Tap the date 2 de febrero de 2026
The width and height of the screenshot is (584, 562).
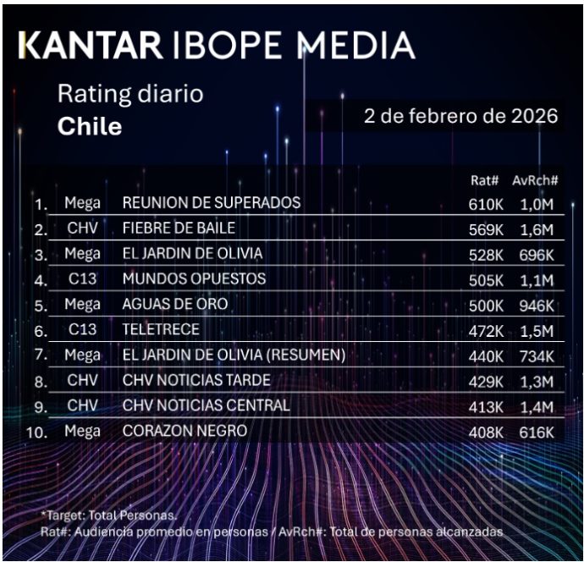(x=460, y=116)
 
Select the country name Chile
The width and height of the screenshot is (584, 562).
(x=90, y=127)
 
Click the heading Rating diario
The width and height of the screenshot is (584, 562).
(x=130, y=93)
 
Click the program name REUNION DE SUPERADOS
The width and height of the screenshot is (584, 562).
(x=211, y=203)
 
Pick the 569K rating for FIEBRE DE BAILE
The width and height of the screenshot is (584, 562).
(x=485, y=229)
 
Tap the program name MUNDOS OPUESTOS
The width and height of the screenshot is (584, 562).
(x=194, y=278)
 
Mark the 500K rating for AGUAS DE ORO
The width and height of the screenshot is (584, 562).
(x=485, y=305)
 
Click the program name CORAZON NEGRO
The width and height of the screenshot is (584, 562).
(x=185, y=431)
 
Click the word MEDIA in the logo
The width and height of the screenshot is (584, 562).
(x=355, y=46)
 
